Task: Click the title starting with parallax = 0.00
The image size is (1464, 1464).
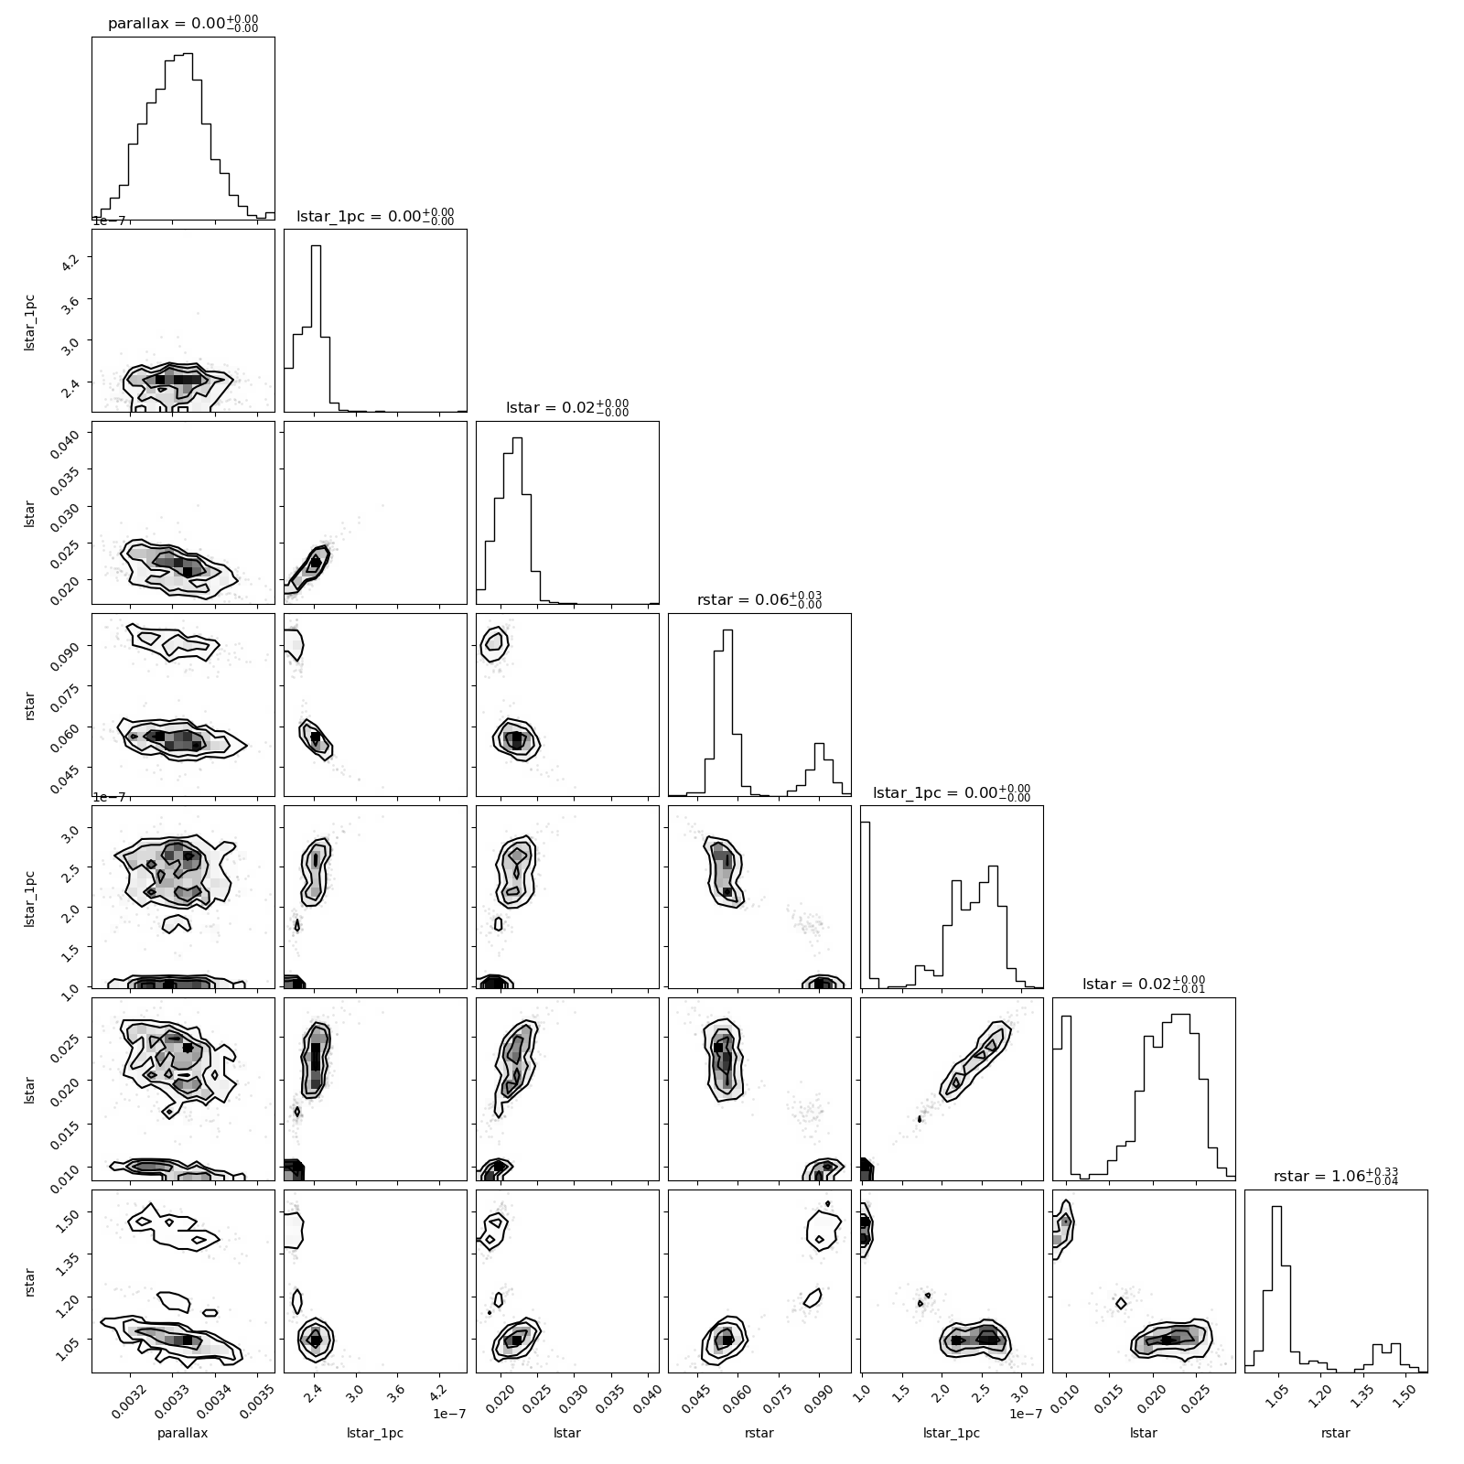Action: tap(183, 24)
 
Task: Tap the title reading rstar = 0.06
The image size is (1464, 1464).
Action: tap(759, 600)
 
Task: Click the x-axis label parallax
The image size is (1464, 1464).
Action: tap(183, 1433)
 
